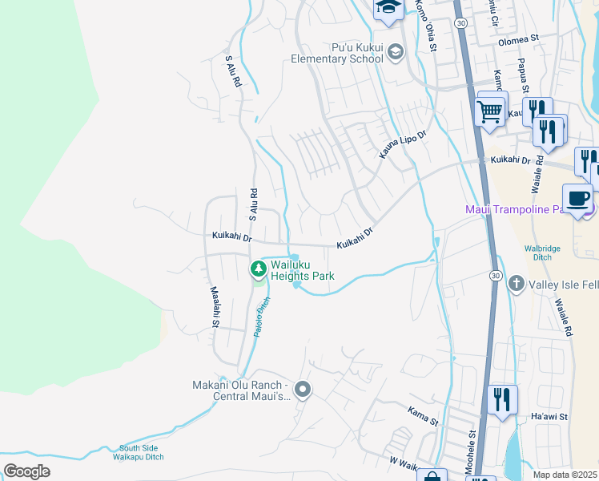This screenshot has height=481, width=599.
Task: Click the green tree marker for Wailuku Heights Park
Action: click(258, 268)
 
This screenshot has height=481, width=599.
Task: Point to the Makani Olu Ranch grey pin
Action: click(303, 390)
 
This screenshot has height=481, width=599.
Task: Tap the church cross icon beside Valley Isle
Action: click(517, 283)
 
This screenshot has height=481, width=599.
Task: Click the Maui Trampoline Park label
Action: click(525, 209)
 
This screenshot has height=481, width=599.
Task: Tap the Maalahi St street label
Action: click(215, 307)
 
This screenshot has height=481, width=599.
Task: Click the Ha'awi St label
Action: click(549, 417)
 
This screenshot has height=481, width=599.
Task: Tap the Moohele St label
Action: click(472, 445)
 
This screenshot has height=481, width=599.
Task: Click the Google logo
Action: click(27, 471)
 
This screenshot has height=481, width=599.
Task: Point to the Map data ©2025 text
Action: click(565, 475)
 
